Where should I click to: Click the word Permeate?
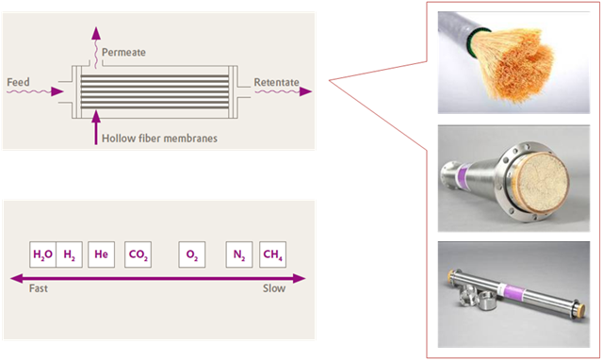(123, 52)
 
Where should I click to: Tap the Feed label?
(18, 82)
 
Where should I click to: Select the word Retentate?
(276, 82)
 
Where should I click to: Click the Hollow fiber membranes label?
(159, 139)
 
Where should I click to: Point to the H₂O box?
(43, 254)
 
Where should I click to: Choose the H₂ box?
(69, 254)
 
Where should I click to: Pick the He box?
(102, 254)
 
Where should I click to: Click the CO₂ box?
(138, 254)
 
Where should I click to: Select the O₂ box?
(192, 254)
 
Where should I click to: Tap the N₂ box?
(239, 254)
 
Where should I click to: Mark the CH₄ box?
(272, 254)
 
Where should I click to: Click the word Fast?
(39, 288)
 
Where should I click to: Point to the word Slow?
(274, 288)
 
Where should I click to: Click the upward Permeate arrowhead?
(96, 33)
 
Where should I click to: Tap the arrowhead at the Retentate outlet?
(306, 91)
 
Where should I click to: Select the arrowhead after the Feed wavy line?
(57, 91)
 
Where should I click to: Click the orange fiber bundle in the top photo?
(515, 66)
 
